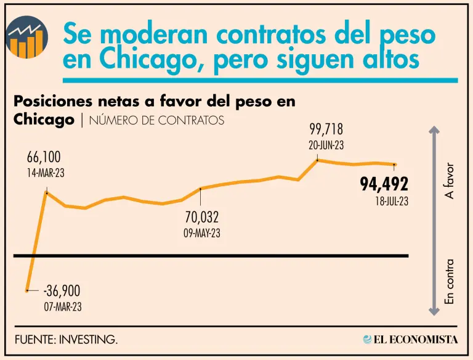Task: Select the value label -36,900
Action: pos(62,291)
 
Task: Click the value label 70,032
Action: pos(201,218)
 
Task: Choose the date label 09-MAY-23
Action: pos(201,234)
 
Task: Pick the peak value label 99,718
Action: pos(325,130)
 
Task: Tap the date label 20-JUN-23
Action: pos(325,145)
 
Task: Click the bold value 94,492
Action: pos(384,184)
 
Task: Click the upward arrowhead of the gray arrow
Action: pos(434,131)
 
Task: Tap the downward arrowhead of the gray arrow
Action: pos(434,312)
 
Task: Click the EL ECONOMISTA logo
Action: pos(410,340)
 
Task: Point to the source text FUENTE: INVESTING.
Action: pos(67,340)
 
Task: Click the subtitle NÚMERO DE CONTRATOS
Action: pos(156,121)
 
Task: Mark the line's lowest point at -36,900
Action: pos(27,290)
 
